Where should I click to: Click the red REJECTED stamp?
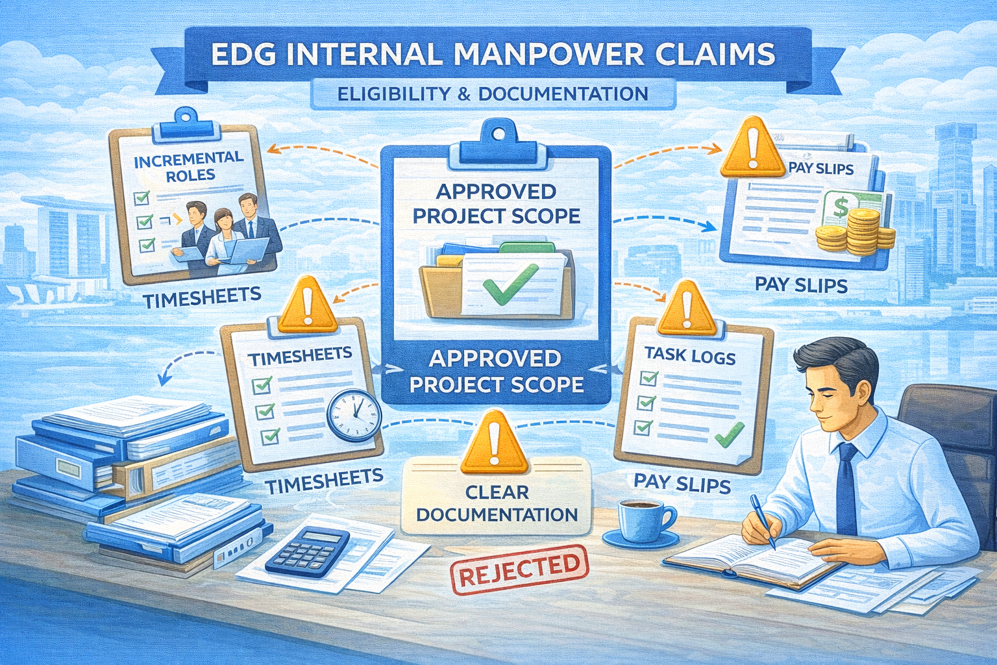(519, 570)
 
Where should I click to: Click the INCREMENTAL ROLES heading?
(189, 166)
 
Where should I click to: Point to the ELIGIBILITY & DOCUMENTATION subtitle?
(493, 94)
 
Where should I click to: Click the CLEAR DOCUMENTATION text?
(497, 503)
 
